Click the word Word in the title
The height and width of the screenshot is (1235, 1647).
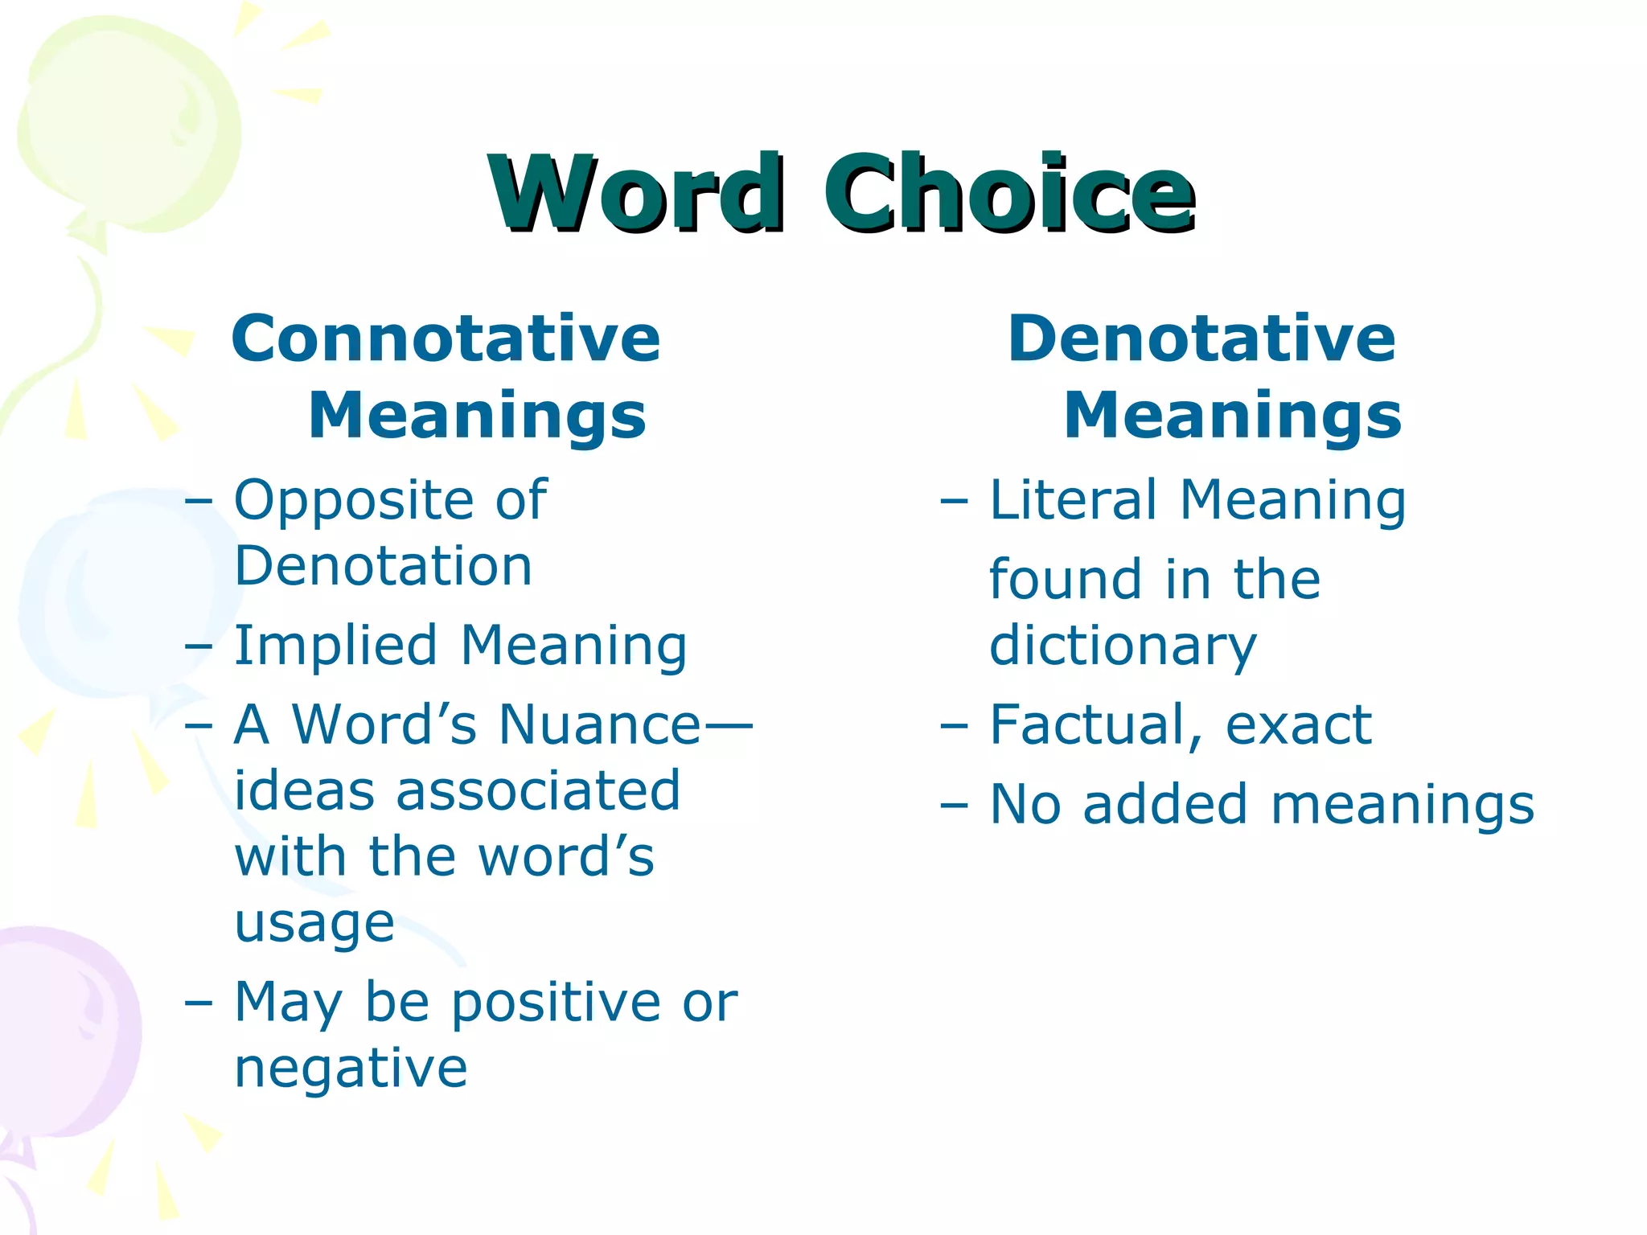(635, 193)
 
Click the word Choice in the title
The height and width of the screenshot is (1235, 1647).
(1008, 193)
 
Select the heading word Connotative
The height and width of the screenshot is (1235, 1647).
(446, 338)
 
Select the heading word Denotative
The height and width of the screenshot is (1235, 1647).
(1201, 338)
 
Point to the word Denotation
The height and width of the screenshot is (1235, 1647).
(384, 566)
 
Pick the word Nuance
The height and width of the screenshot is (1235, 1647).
(600, 724)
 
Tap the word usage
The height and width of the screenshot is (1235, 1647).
(314, 923)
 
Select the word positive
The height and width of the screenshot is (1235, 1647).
(556, 1003)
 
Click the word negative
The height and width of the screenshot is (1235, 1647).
(351, 1069)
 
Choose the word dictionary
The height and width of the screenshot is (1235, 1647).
(1123, 646)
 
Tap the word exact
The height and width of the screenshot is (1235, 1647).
(1298, 725)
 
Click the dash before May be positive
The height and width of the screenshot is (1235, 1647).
(198, 1003)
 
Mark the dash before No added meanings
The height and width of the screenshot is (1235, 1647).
(954, 805)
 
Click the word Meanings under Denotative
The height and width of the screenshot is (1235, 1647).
(1232, 416)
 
